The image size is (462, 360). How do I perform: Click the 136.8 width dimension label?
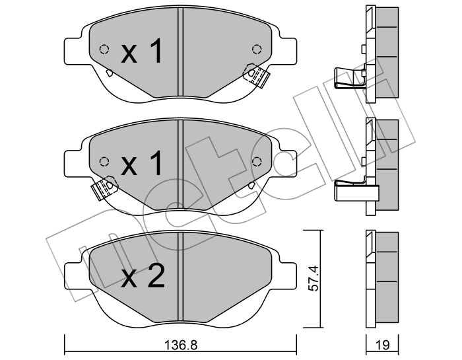click(x=180, y=345)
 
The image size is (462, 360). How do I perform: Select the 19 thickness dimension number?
click(x=382, y=345)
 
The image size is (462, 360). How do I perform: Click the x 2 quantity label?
click(x=143, y=276)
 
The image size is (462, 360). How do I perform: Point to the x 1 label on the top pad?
click(x=142, y=51)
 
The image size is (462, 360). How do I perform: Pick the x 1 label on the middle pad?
click(x=142, y=163)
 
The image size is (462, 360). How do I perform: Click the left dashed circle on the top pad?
click(x=104, y=49)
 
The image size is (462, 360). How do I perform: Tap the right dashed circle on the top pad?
click(x=257, y=49)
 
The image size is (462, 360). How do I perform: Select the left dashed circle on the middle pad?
click(x=104, y=161)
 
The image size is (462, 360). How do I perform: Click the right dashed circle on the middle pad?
click(x=257, y=161)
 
